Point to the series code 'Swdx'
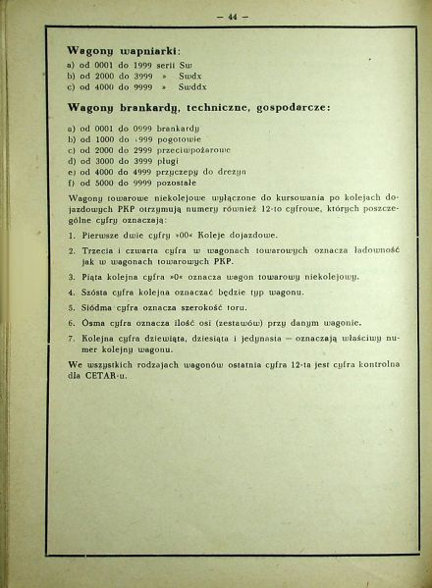click(x=192, y=75)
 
